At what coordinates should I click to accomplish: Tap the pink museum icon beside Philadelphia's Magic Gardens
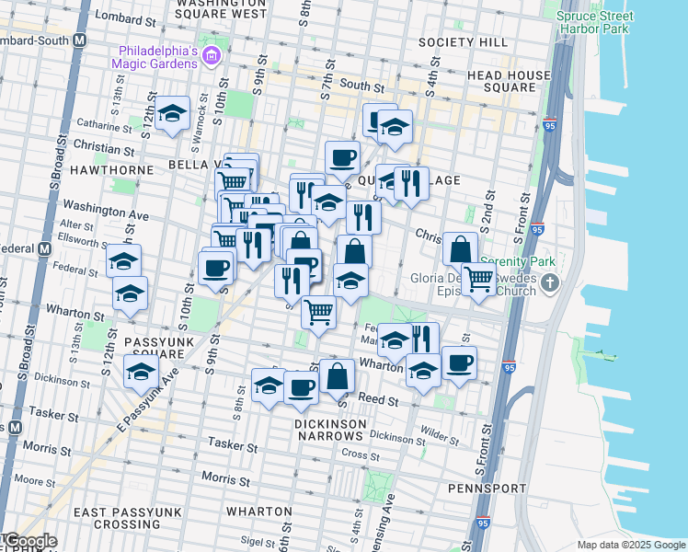click(x=213, y=57)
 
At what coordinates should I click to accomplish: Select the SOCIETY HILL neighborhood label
click(x=462, y=43)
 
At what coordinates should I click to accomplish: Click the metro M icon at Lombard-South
click(x=79, y=41)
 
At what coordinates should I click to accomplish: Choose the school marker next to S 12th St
click(x=172, y=114)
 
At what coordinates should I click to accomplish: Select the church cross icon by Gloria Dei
click(x=550, y=282)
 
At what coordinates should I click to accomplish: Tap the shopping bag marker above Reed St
click(x=338, y=374)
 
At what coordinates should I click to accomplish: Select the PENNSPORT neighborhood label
click(x=487, y=488)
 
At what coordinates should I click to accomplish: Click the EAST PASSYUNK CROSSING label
click(x=105, y=517)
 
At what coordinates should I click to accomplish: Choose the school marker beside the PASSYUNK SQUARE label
click(x=141, y=373)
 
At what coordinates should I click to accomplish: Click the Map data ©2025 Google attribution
click(x=630, y=545)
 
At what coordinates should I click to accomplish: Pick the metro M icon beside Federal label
click(x=43, y=249)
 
